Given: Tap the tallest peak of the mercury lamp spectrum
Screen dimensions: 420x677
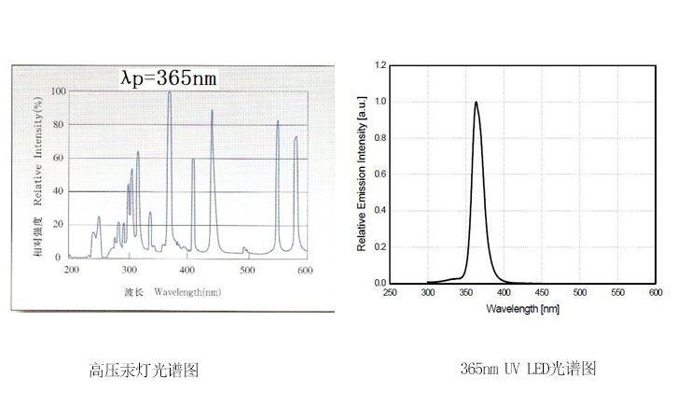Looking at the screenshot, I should tap(169, 93).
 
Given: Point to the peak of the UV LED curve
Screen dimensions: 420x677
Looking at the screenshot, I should tap(477, 103).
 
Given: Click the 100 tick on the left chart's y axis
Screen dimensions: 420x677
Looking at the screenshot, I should tap(59, 91).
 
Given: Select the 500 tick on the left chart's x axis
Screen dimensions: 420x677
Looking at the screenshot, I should tap(246, 269).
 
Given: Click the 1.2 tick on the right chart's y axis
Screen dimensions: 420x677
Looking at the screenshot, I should tap(380, 65).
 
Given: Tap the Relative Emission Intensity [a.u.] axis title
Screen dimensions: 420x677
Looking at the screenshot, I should tap(362, 174).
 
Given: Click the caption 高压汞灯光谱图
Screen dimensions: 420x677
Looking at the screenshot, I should tap(145, 371).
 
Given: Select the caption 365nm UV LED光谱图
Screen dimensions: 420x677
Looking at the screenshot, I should tap(528, 369).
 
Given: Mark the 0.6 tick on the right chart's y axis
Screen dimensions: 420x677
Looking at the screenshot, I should tap(380, 174).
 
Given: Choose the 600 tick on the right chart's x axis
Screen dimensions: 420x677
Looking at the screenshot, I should tap(656, 292).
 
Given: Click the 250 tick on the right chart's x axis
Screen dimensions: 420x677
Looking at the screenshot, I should tap(391, 292).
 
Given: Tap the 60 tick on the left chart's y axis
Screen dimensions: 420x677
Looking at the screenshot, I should tap(61, 158).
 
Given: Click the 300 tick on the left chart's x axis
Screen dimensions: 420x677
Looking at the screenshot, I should tap(130, 269).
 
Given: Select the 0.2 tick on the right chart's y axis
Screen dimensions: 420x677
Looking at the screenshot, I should tap(380, 246).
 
